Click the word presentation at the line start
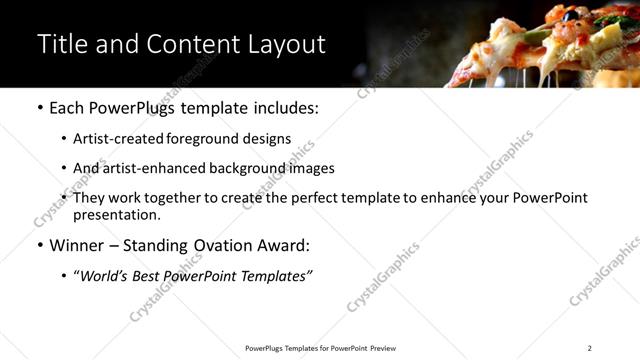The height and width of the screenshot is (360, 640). pyautogui.click(x=116, y=214)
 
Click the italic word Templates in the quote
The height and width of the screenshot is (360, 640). pyautogui.click(x=272, y=275)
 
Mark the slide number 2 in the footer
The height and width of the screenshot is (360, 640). pyautogui.click(x=589, y=348)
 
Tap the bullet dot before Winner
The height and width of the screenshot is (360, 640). pyautogui.click(x=40, y=245)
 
